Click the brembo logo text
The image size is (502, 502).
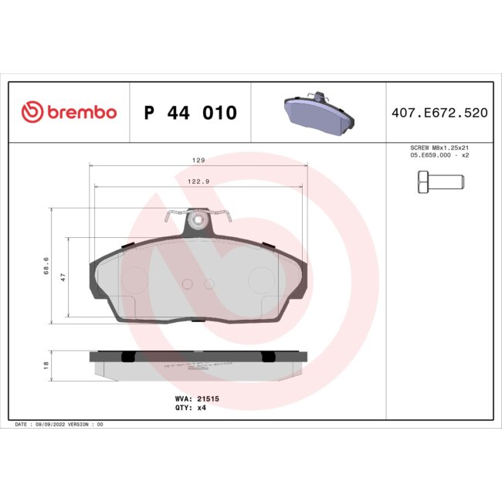coord(82,113)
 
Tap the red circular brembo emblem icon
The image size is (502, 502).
coord(32,113)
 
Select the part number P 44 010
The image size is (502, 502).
coord(191,113)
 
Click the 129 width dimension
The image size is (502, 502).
coord(198,160)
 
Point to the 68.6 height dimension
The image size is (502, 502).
coord(46,266)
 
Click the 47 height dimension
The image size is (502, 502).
coord(63,276)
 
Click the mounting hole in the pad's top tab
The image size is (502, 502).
coord(198,225)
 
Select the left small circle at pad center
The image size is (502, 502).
coord(185,283)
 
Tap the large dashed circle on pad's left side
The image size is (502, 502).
coord(134,279)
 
